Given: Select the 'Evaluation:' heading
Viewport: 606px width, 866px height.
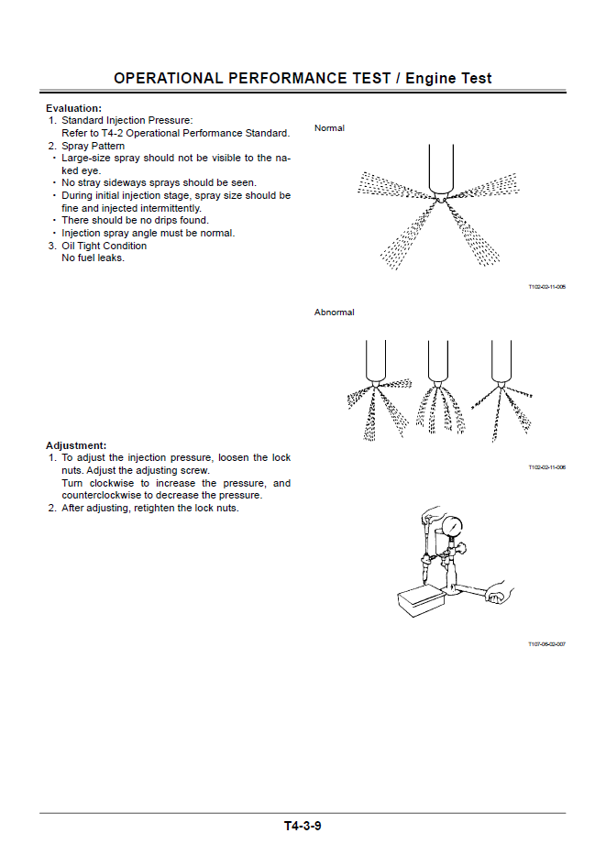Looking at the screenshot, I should pyautogui.click(x=73, y=108).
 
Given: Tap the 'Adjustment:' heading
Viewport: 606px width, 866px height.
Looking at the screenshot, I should pyautogui.click(x=76, y=445).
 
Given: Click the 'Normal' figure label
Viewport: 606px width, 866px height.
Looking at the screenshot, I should pyautogui.click(x=329, y=128).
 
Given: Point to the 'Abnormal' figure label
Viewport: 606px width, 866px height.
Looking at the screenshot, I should pyautogui.click(x=334, y=312).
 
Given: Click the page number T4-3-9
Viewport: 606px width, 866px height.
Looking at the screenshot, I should pyautogui.click(x=303, y=826).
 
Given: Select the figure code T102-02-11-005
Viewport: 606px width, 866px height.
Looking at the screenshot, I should pyautogui.click(x=546, y=287).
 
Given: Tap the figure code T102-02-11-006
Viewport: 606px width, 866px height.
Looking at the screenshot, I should pyautogui.click(x=546, y=467).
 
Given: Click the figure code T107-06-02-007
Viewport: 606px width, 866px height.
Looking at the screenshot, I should pyautogui.click(x=546, y=644).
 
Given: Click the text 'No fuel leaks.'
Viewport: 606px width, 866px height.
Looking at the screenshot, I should pyautogui.click(x=93, y=258).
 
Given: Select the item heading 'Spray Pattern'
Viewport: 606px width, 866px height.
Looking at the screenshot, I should pyautogui.click(x=94, y=146).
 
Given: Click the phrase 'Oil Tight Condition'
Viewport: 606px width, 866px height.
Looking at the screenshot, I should pyautogui.click(x=104, y=246).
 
